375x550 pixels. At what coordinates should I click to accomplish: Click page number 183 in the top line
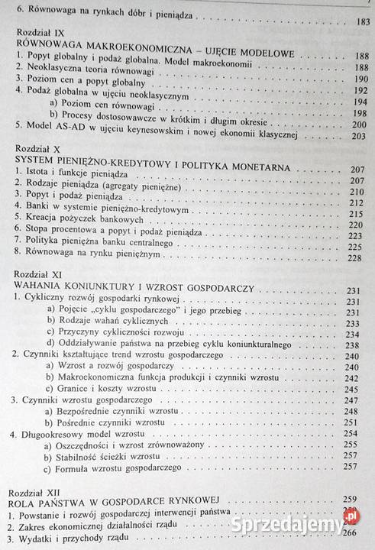click(344, 20)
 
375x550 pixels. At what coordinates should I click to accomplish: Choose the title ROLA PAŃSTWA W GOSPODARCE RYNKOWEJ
click(138, 504)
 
